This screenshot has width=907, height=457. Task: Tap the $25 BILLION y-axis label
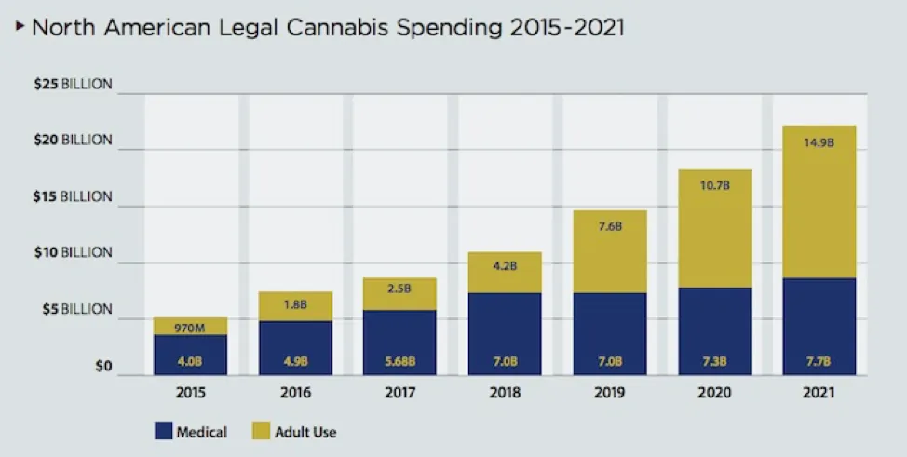73,84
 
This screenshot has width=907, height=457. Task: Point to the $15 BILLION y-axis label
73,196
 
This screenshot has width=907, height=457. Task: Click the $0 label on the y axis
103,367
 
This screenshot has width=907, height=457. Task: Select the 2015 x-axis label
190,393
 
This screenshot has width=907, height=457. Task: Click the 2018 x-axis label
505,393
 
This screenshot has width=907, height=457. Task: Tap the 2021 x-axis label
819,393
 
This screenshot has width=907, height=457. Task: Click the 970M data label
190,328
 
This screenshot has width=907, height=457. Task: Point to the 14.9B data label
819,142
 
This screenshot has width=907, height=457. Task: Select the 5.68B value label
400,361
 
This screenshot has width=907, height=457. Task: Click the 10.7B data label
715,186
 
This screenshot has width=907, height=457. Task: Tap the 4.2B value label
505,266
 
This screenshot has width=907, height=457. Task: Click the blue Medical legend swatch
164,431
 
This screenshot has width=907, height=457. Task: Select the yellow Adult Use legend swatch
262,431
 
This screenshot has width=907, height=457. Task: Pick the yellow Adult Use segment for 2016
295,306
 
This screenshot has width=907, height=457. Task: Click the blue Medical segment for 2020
715,331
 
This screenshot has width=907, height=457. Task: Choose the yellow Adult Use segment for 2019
610,252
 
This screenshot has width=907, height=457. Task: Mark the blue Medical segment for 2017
400,343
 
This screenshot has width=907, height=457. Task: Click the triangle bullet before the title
20,25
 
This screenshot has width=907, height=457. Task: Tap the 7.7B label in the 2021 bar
819,361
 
